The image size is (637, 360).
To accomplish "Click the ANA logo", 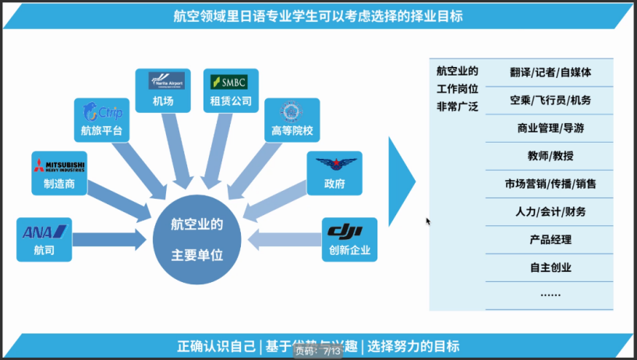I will (45, 231).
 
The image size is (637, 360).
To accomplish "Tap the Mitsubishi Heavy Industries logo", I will (58, 164).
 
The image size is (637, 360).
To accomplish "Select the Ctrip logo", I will (101, 111).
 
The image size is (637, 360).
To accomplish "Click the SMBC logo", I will (231, 81).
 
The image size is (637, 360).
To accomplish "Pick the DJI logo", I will (349, 231).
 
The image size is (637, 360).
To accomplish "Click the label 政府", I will (334, 185).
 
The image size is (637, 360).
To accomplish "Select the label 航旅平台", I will (101, 130).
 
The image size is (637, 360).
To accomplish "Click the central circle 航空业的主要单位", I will (197, 240).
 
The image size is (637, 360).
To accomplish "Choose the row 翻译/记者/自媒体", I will (550, 72).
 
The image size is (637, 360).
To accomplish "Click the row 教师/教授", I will (550, 156).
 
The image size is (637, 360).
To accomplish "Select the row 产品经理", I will (550, 239).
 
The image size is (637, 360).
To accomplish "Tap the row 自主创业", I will (550, 267).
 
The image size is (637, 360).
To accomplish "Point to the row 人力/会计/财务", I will (550, 211).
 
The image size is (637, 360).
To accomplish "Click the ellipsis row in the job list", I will (550, 295).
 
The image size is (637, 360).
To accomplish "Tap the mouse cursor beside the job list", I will (428, 221).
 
